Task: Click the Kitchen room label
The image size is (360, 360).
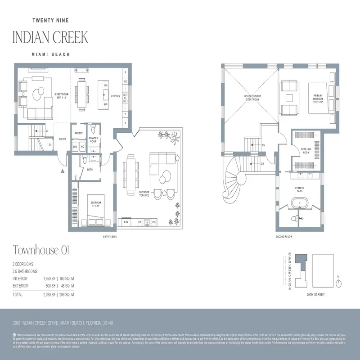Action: pos(116,96)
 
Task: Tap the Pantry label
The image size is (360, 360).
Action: pos(79,133)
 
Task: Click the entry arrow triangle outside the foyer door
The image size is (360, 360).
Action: pos(62,171)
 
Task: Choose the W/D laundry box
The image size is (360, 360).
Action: pos(75,147)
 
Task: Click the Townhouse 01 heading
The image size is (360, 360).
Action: pos(40,250)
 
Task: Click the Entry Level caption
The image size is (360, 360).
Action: pos(110,236)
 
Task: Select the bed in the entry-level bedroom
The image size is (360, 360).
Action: pos(97,210)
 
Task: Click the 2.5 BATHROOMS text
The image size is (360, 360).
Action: pos(25,271)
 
